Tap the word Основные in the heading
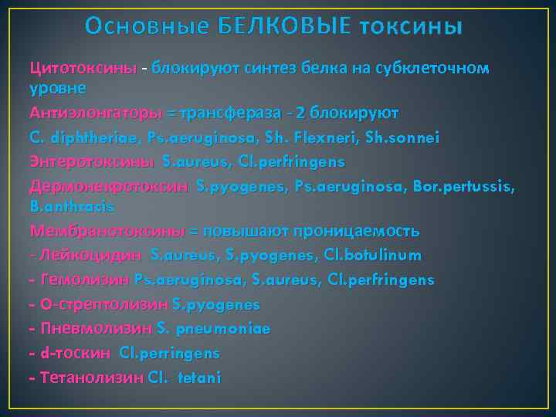click(x=147, y=28)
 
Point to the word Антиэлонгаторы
click(x=97, y=114)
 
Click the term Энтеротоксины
click(x=93, y=162)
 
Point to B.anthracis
click(x=72, y=206)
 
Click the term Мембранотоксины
click(x=107, y=231)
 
